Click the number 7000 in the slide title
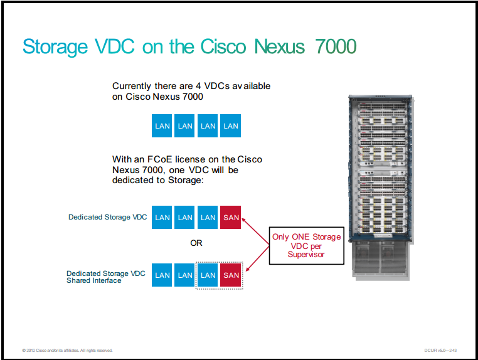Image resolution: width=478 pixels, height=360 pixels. coord(336,46)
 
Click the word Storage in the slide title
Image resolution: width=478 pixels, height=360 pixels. coord(55,48)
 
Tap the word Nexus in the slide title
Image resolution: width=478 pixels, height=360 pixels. coord(280,46)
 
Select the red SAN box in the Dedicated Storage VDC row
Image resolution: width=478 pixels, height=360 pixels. coord(230,218)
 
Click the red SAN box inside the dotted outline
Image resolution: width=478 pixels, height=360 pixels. coord(230,275)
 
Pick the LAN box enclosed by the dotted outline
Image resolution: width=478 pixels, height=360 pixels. coord(208,275)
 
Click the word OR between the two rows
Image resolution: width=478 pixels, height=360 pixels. coord(196,243)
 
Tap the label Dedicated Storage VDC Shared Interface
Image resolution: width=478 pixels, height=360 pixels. coord(106,277)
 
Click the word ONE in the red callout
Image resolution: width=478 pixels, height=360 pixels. coord(300,237)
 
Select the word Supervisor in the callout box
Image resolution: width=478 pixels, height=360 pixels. coord(306,255)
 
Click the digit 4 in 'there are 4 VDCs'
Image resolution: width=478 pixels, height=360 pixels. coord(198,86)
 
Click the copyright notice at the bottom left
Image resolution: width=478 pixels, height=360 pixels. coord(67,350)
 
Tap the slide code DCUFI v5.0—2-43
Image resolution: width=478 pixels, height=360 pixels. coord(440,350)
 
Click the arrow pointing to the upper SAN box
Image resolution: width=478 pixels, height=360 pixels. coord(255,231)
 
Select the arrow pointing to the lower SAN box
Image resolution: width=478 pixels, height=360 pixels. coord(258,258)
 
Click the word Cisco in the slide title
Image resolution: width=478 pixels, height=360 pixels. coord(223,46)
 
